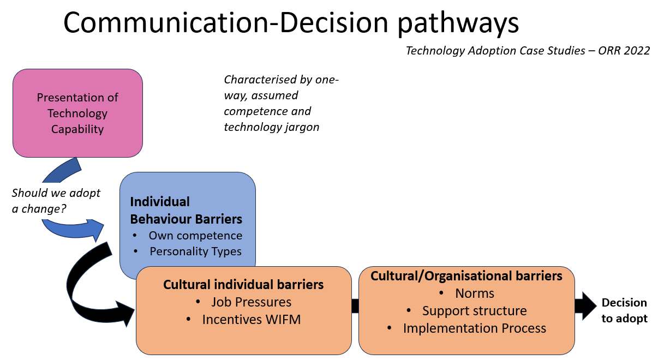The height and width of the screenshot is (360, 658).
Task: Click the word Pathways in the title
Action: tap(458, 23)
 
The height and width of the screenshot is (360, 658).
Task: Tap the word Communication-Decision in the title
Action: tap(226, 22)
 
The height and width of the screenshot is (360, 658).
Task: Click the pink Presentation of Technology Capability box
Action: tap(78, 113)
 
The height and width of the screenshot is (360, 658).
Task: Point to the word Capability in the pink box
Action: tap(77, 129)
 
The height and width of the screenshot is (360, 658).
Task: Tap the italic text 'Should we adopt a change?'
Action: tap(56, 201)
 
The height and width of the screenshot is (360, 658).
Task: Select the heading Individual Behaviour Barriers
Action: tap(186, 210)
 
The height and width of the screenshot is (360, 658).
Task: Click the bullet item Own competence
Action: tap(195, 236)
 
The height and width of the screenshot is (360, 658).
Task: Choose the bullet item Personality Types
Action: tap(196, 251)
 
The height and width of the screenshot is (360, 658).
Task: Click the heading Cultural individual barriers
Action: tap(243, 285)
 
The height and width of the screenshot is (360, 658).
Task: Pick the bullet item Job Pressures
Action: tap(252, 302)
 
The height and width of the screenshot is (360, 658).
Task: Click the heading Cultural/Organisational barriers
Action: tap(466, 276)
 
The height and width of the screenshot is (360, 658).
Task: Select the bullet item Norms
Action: tap(475, 293)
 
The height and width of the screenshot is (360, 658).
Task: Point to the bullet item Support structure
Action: tap(475, 311)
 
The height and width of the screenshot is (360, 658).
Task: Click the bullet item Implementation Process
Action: tap(475, 328)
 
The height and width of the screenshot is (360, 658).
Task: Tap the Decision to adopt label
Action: tap(624, 310)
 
